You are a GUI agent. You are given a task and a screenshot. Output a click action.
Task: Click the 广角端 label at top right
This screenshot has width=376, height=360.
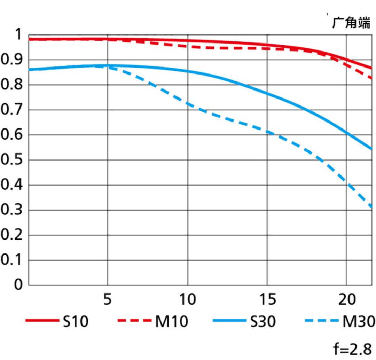point(351,23)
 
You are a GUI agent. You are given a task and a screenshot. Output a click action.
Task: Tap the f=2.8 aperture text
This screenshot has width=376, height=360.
point(353,349)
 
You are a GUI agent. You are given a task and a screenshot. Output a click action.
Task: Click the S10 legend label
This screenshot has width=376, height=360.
point(76,321)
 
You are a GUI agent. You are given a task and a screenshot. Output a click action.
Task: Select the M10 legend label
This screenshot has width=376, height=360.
point(171,321)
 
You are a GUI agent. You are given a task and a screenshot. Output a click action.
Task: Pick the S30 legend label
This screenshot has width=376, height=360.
point(263,321)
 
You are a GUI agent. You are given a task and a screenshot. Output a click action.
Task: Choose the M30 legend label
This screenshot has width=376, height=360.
point(359,321)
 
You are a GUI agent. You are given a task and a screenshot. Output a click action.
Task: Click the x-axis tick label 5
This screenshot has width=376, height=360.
point(108,299)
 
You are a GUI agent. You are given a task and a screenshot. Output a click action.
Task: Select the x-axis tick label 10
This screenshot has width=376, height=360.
point(188,299)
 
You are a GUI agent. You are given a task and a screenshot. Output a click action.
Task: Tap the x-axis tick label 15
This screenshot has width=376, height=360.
point(267,299)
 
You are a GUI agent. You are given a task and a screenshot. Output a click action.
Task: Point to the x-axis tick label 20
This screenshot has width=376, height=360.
point(347,299)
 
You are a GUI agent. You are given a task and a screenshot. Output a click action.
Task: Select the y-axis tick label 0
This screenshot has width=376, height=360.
point(18,285)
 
